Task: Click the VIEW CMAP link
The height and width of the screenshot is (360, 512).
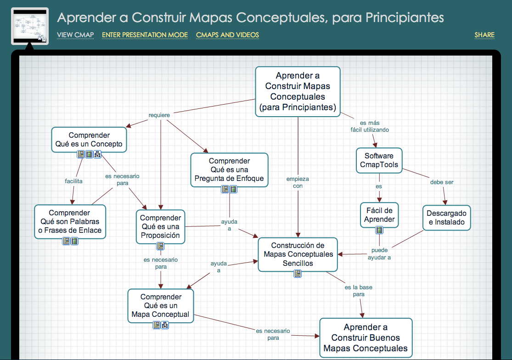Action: coord(75,35)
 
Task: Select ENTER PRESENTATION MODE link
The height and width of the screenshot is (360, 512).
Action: coord(145,35)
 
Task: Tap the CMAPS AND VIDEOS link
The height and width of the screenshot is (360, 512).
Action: coord(227,35)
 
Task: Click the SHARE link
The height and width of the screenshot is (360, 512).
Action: coord(484,35)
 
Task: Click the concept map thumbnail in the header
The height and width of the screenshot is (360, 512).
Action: coord(30,26)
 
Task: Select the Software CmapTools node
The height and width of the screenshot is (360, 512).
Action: coord(379,160)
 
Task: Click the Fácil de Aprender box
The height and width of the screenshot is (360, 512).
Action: coord(379,215)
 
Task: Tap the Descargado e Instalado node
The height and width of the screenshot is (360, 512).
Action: coord(446,218)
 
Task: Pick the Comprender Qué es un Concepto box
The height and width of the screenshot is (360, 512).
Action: coord(89,139)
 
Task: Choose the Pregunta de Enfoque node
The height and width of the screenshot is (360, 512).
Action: coord(230,169)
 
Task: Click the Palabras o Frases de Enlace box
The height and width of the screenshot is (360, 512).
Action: coord(70,221)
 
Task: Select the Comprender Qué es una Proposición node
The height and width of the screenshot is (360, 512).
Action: coord(160,226)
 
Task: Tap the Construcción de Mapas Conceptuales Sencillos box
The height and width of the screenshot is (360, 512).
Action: coord(298,254)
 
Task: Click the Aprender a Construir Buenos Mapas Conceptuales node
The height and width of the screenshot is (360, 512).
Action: coord(366,337)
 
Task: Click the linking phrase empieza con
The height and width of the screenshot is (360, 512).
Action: coord(298,182)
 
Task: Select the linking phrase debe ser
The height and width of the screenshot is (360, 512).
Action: coord(442,182)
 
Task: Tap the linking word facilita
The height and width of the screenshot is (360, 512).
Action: coord(73,181)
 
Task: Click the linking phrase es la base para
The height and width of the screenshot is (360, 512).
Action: coord(359,291)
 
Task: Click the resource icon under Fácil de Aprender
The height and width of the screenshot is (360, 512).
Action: coord(379,230)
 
